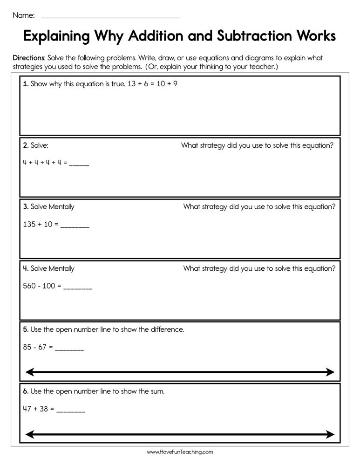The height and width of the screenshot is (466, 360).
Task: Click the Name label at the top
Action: point(23,15)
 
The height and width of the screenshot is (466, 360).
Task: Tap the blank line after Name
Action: point(110,17)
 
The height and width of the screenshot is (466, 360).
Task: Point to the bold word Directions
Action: point(29,58)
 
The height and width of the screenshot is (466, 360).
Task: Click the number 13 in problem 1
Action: point(132,84)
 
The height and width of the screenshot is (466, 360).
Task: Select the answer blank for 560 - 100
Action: point(78,288)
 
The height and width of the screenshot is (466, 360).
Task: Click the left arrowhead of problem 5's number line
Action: point(29,372)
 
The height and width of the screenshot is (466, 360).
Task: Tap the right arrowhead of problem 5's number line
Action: point(330,372)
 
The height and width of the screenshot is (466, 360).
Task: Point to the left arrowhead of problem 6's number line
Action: point(29,434)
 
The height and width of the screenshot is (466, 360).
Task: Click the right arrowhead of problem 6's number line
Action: point(330,434)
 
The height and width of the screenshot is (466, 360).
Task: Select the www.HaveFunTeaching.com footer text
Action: point(180,452)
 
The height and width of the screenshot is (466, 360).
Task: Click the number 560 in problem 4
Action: point(29,286)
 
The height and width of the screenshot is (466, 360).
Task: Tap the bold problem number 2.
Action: point(26,145)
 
